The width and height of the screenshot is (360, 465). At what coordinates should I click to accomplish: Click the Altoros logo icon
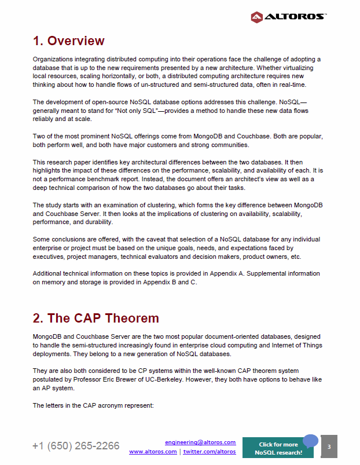click(257, 17)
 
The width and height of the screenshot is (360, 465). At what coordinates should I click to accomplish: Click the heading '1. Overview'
click(68, 41)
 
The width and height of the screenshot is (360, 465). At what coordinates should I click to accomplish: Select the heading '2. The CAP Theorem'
click(95, 319)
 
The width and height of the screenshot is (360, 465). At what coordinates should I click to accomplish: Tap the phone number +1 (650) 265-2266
click(76, 446)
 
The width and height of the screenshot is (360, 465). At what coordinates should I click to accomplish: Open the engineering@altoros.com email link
click(200, 442)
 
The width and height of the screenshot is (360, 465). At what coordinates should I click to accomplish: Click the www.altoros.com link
click(153, 452)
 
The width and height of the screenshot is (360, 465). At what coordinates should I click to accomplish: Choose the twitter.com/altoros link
click(210, 452)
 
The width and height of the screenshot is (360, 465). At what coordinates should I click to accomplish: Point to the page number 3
click(329, 447)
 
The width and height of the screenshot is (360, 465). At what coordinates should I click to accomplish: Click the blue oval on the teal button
click(311, 441)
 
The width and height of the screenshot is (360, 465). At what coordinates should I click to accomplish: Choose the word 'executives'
click(49, 256)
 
